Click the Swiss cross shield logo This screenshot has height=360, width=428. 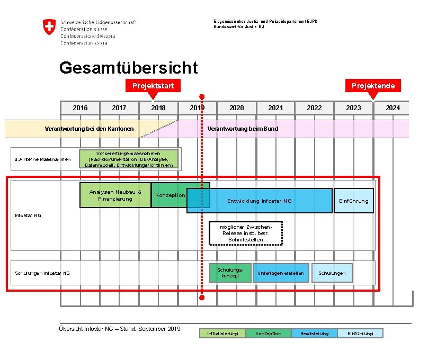click(x=49, y=27)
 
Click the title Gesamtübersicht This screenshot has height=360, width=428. click(x=128, y=68)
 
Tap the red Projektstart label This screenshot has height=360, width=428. click(x=153, y=85)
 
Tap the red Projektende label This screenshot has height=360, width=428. click(x=373, y=85)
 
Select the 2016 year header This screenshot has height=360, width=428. click(x=80, y=108)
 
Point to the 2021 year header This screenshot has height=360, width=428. click(x=275, y=108)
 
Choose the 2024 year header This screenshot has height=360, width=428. click(x=393, y=108)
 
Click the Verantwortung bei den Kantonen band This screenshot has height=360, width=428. click(x=89, y=129)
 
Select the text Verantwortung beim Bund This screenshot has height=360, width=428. click(x=243, y=129)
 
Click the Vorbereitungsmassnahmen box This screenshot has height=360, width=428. click(x=129, y=159)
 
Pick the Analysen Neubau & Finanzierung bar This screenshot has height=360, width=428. click(x=115, y=195)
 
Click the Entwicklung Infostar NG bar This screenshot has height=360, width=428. click(x=260, y=201)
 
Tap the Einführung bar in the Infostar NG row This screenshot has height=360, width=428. click(x=353, y=201)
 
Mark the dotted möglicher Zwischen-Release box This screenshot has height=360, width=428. click(x=246, y=233)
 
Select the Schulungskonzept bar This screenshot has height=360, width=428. click(x=230, y=273)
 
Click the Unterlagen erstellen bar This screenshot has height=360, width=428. click(x=281, y=273)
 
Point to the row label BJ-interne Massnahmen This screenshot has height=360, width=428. click(x=42, y=159)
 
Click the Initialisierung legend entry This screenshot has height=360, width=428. click(x=222, y=334)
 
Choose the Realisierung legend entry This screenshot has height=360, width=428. click(x=314, y=334)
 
